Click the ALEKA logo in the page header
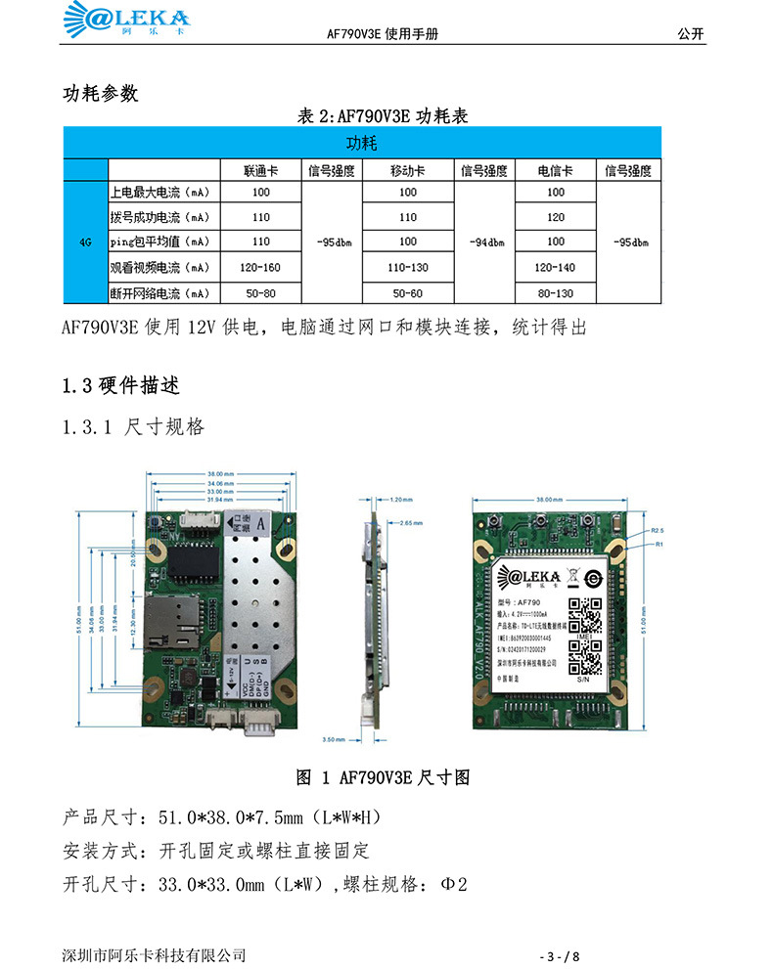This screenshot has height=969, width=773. [x=128, y=20]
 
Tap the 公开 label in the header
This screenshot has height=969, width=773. [x=690, y=33]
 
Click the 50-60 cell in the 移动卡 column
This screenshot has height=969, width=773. [x=408, y=292]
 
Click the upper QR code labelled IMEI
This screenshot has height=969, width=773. [x=584, y=614]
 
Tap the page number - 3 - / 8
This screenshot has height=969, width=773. [x=567, y=955]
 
